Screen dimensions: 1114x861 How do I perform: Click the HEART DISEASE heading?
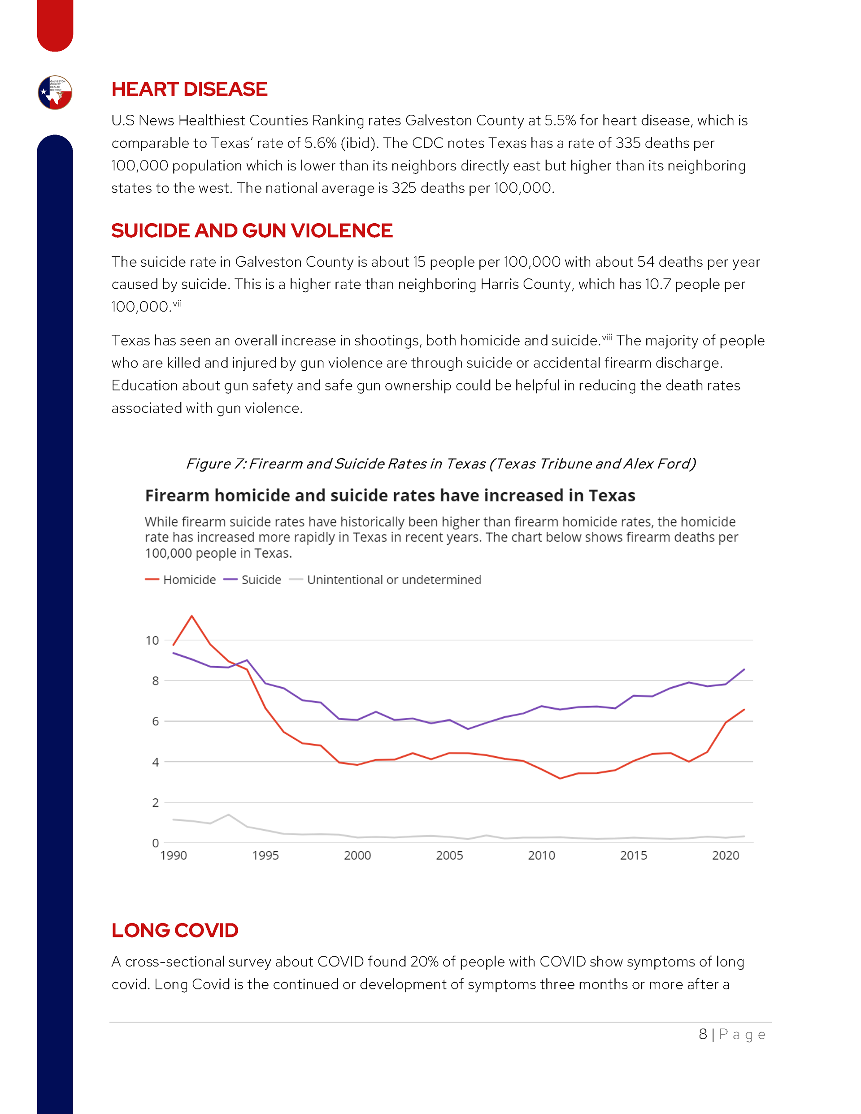pyautogui.click(x=189, y=89)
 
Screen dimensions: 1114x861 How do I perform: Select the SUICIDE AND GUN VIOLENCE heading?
pyautogui.click(x=252, y=230)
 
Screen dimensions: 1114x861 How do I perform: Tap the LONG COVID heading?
pyautogui.click(x=174, y=930)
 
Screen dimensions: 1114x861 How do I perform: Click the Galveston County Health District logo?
pyautogui.click(x=55, y=92)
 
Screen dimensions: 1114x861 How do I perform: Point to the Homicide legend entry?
pyautogui.click(x=181, y=580)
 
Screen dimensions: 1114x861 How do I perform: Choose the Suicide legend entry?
pyautogui.click(x=252, y=580)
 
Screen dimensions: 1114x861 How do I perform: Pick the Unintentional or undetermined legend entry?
pyautogui.click(x=385, y=580)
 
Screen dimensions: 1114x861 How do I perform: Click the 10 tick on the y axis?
pyautogui.click(x=152, y=640)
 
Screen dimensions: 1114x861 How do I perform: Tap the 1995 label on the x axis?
pyautogui.click(x=265, y=855)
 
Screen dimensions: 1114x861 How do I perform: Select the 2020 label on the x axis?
pyautogui.click(x=725, y=855)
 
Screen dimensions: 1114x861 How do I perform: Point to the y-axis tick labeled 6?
pyautogui.click(x=155, y=721)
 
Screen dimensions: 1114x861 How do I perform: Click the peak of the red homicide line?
pyautogui.click(x=192, y=616)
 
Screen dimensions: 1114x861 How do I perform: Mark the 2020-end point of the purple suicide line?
pyautogui.click(x=744, y=669)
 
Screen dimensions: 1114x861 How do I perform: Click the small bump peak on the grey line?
pyautogui.click(x=229, y=815)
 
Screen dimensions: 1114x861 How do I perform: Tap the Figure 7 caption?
pyautogui.click(x=440, y=464)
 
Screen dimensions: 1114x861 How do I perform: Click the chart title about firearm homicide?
pyautogui.click(x=390, y=495)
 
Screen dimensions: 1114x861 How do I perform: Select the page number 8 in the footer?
pyautogui.click(x=703, y=1035)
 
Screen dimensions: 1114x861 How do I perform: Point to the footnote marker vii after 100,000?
pyautogui.click(x=177, y=303)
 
